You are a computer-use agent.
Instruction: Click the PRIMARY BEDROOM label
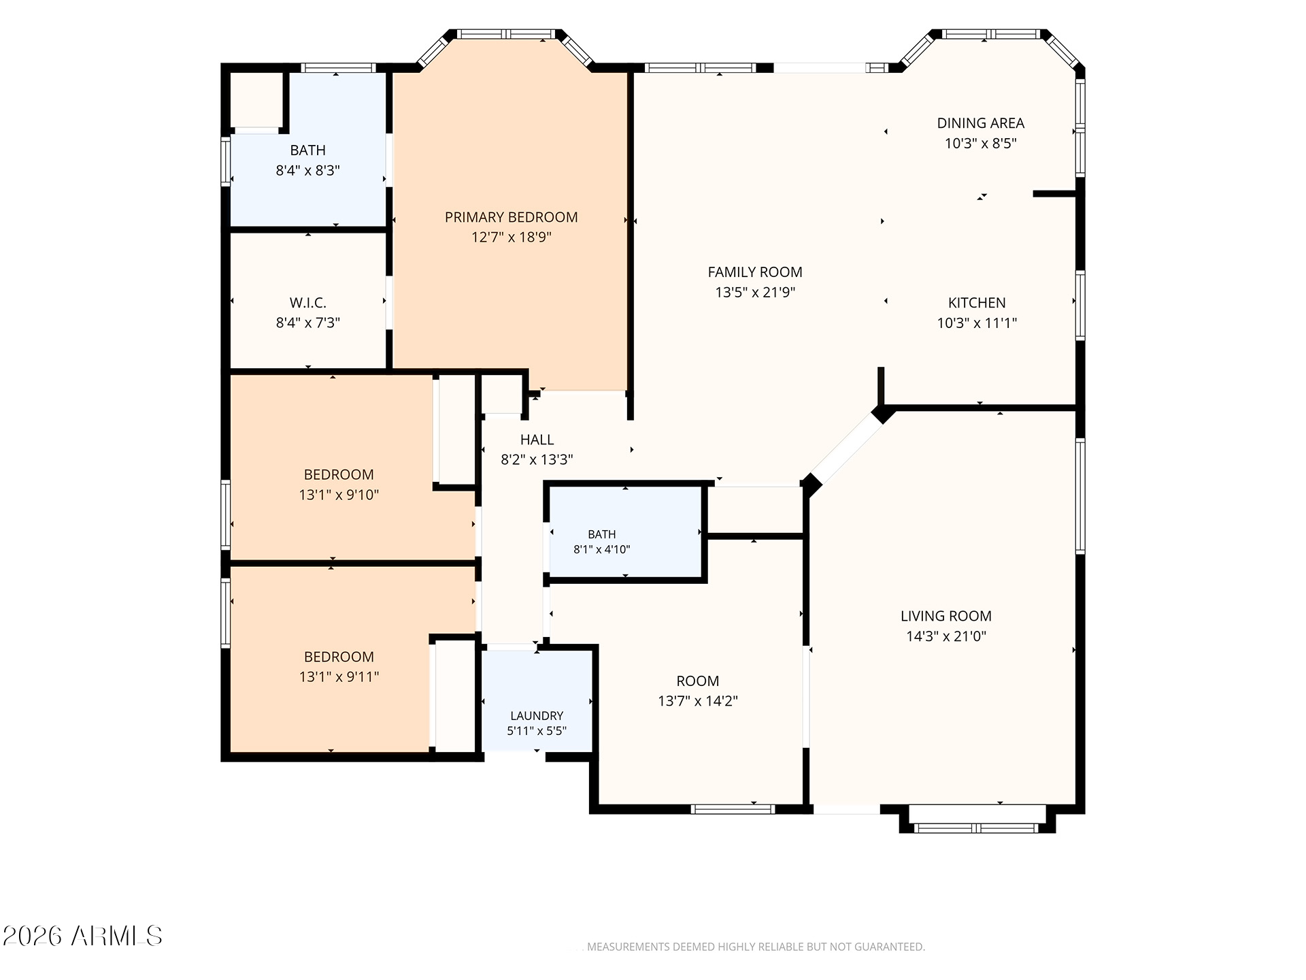pyautogui.click(x=511, y=217)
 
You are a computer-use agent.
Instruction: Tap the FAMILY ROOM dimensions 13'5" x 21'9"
pyautogui.click(x=755, y=293)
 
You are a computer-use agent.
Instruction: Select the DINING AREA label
pyautogui.click(x=980, y=123)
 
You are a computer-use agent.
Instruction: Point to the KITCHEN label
pyautogui.click(x=977, y=303)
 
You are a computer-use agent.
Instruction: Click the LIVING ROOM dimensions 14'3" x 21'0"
pyautogui.click(x=946, y=636)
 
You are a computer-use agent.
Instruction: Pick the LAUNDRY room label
pyautogui.click(x=537, y=716)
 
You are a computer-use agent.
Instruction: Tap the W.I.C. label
pyautogui.click(x=308, y=303)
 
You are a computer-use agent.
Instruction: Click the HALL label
pyautogui.click(x=537, y=440)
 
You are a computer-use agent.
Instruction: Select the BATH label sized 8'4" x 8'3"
pyautogui.click(x=307, y=150)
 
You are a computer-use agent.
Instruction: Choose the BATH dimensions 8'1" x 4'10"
pyautogui.click(x=602, y=549)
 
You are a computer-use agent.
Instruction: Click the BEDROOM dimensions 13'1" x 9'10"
pyautogui.click(x=339, y=495)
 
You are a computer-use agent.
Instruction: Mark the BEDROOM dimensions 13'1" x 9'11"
pyautogui.click(x=339, y=676)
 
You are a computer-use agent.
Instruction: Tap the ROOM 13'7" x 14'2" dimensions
pyautogui.click(x=698, y=701)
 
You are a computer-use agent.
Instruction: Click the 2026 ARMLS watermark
pyautogui.click(x=82, y=936)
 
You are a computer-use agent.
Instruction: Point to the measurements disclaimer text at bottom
pyautogui.click(x=756, y=947)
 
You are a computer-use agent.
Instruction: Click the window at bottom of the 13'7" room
pyautogui.click(x=733, y=809)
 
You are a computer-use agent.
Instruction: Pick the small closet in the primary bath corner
pyautogui.click(x=256, y=99)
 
